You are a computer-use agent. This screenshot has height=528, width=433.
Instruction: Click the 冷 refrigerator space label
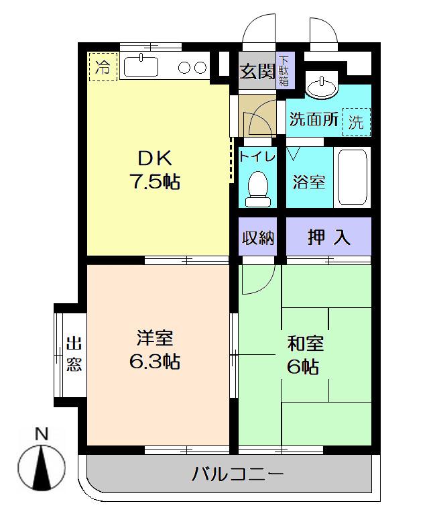[x=103, y=67]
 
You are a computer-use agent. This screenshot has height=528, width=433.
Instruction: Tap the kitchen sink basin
[x=141, y=66]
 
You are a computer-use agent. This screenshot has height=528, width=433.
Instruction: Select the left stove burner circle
[x=185, y=68]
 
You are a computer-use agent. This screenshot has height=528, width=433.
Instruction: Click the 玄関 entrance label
[x=257, y=70]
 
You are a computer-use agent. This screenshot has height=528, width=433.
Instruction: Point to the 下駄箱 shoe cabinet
[x=285, y=70]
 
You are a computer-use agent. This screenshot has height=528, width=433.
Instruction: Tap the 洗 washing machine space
[x=357, y=122]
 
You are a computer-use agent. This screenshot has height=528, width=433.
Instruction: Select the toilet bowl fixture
[x=258, y=189]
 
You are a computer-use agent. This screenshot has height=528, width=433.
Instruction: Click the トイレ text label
[x=257, y=157]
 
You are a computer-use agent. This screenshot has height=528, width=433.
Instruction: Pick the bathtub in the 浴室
[x=353, y=177]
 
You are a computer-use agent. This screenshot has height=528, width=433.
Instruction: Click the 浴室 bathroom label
[x=309, y=182]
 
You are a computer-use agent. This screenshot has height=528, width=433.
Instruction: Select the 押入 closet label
[x=328, y=237]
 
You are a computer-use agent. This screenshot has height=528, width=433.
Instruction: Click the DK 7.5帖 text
[x=155, y=170]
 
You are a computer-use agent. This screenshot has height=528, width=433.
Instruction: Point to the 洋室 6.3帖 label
[x=155, y=350]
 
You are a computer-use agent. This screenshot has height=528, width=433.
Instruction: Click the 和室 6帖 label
[x=305, y=355]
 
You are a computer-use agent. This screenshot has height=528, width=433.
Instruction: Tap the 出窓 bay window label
[x=74, y=354]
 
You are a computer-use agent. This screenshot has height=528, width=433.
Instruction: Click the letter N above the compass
[x=42, y=433]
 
